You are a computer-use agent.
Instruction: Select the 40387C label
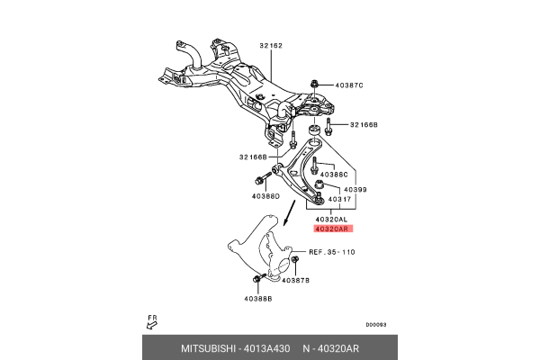348,85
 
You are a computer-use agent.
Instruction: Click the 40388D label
265,196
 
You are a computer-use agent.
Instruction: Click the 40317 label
339,200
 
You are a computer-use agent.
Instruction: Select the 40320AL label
331,220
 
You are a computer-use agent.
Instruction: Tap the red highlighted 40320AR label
331,231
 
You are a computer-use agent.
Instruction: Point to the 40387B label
295,281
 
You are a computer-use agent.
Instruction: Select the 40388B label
257,298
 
